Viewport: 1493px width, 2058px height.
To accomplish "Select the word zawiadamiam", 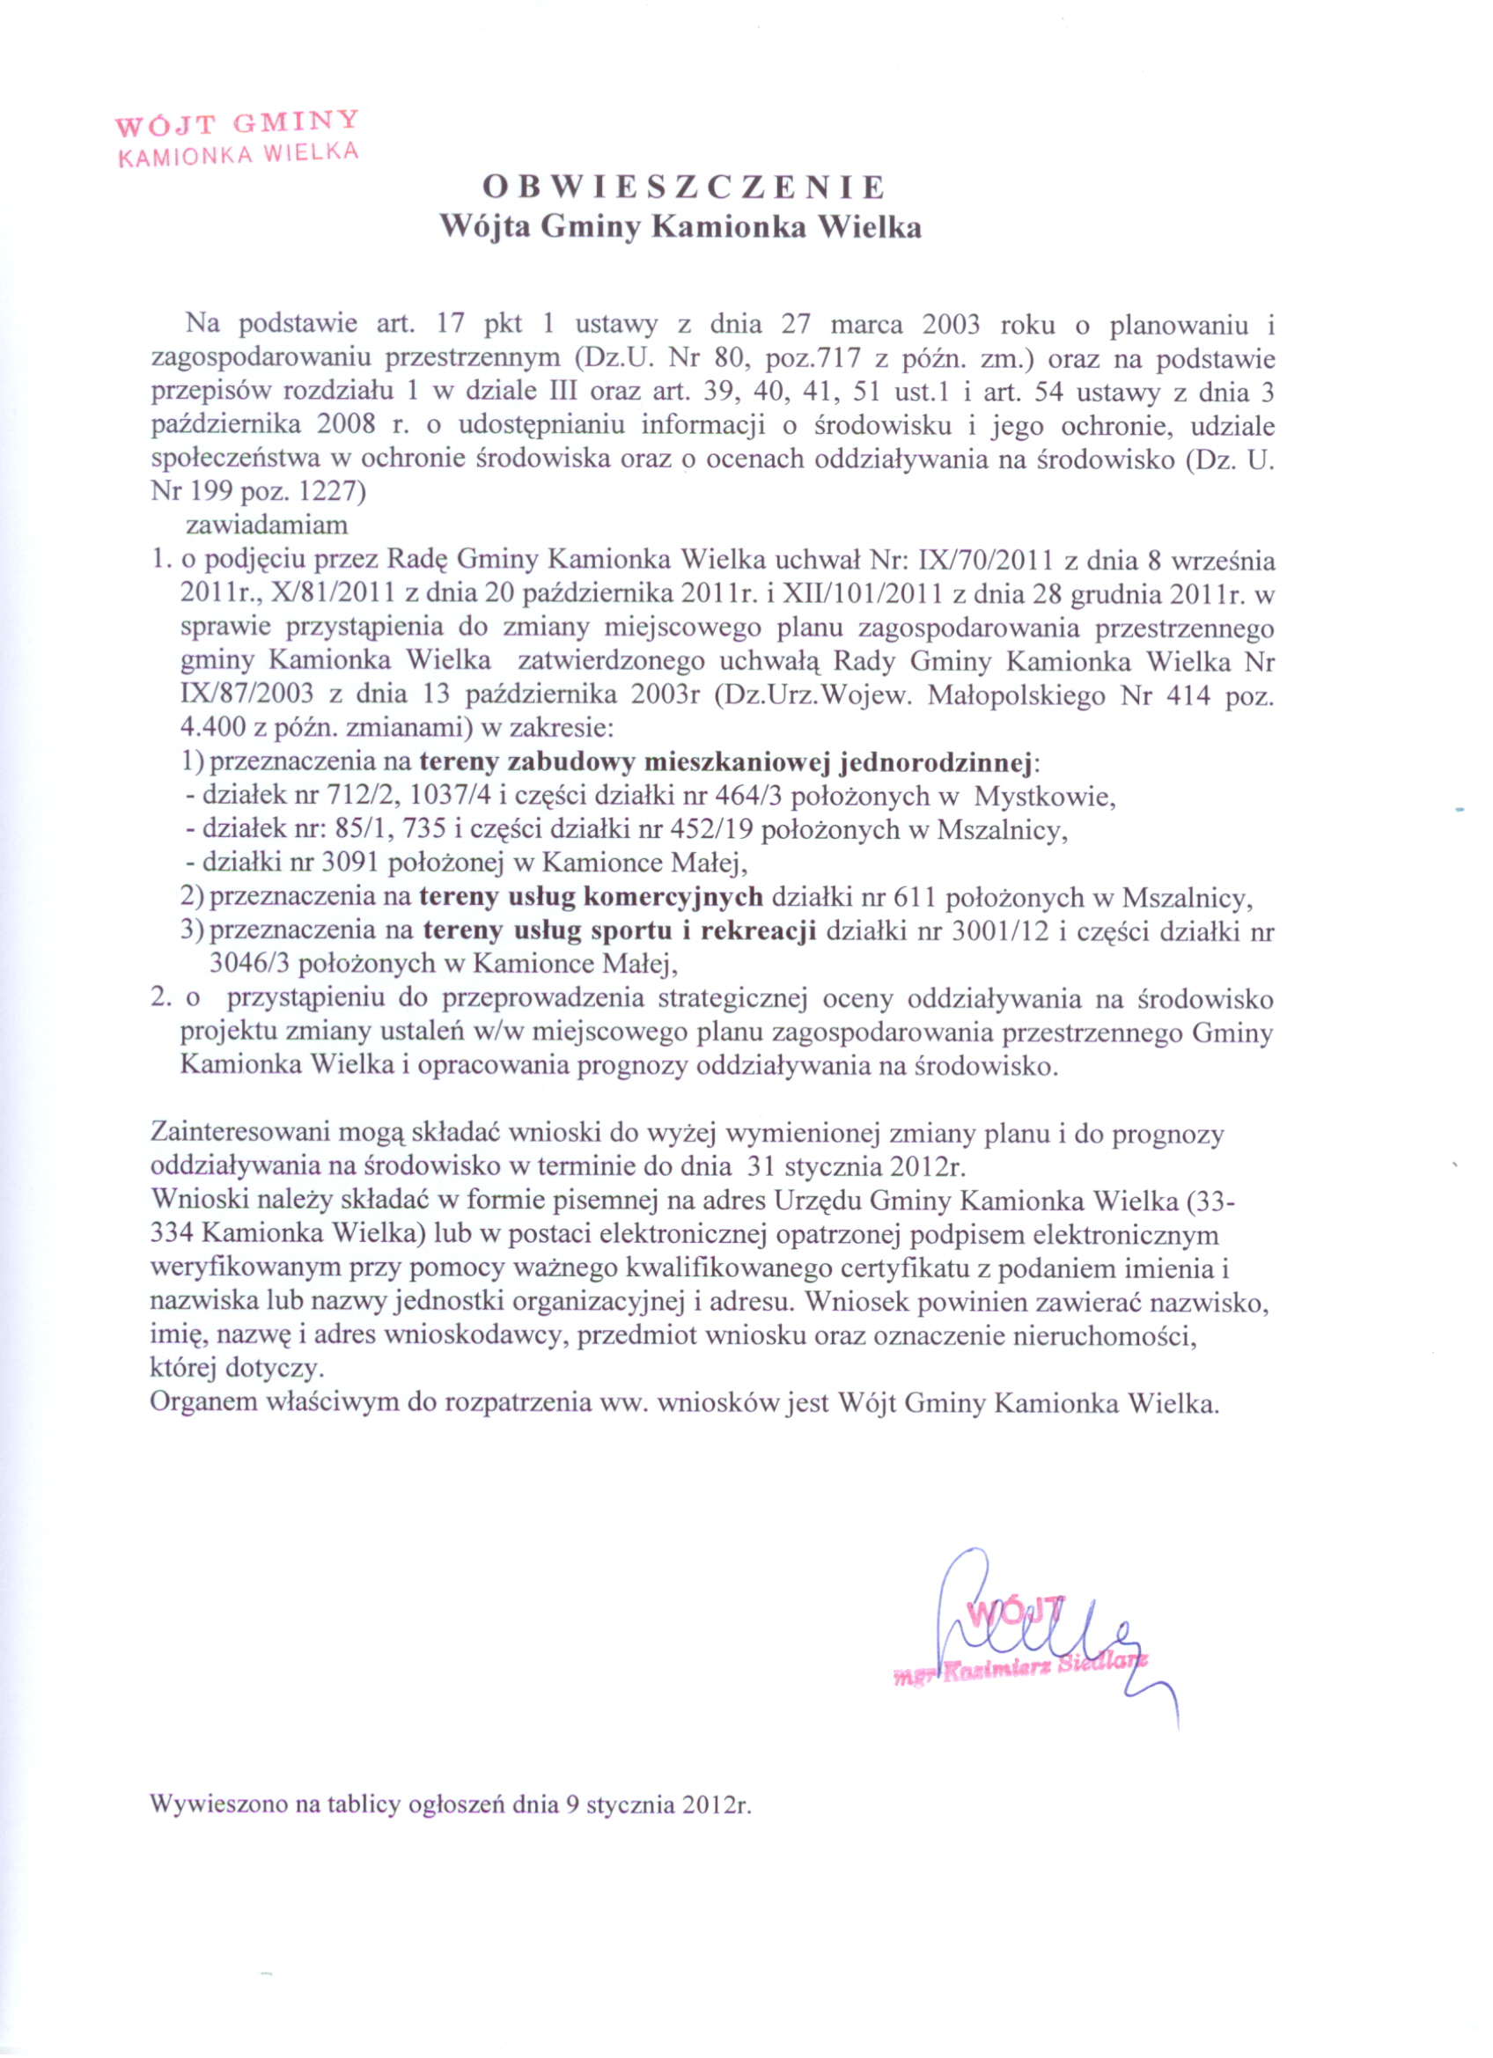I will pos(267,525).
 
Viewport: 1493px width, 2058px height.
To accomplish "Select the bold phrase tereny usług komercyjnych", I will pos(590,898).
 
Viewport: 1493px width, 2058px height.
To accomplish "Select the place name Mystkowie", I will pos(1045,797).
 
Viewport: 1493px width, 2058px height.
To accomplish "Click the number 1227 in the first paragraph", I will pos(327,493).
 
